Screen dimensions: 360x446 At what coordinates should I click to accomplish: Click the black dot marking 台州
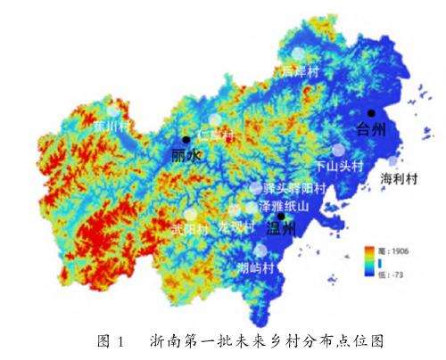[x=371, y=113]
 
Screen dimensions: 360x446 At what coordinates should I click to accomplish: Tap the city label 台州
[x=371, y=130]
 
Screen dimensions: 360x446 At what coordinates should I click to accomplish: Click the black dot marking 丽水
[x=186, y=140]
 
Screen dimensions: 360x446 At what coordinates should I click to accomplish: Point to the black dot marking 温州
[x=280, y=216]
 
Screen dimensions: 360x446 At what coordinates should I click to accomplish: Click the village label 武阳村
[x=189, y=229]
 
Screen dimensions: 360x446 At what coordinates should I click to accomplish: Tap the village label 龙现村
[x=236, y=228]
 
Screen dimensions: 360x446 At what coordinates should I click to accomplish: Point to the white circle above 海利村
[x=393, y=160]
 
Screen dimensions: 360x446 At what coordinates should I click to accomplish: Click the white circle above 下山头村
[x=337, y=150]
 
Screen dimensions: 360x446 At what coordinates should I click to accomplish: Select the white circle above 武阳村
[x=191, y=214]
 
